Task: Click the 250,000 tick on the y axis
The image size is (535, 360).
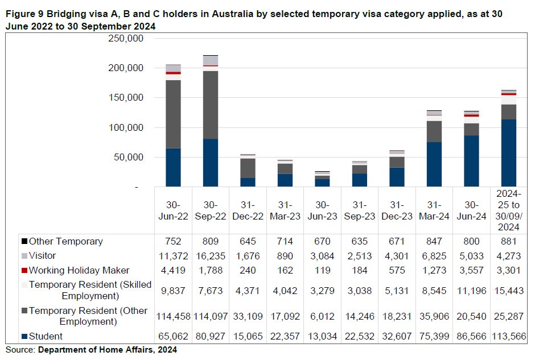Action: (x=127, y=39)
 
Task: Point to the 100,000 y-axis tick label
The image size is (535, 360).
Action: (x=127, y=127)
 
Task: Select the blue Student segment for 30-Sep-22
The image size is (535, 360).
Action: (x=211, y=163)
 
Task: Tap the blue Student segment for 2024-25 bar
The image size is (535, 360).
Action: (x=508, y=153)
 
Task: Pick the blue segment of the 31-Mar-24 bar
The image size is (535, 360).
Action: (x=434, y=164)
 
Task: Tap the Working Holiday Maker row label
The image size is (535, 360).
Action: (x=79, y=270)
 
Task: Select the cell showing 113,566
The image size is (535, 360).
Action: (x=508, y=337)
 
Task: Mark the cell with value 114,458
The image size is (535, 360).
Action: (x=173, y=316)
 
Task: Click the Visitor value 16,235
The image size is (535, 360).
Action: (x=211, y=256)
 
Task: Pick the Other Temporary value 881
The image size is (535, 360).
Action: (x=508, y=241)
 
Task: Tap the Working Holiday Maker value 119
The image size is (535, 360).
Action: (x=322, y=271)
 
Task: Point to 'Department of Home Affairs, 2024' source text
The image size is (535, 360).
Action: (x=108, y=350)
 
